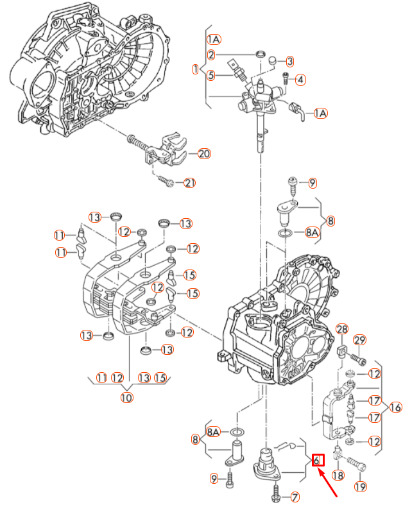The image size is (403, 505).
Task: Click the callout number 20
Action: pyautogui.click(x=204, y=154)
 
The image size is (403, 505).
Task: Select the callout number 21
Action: pyautogui.click(x=189, y=183)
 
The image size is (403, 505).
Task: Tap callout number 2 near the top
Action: pyautogui.click(x=210, y=55)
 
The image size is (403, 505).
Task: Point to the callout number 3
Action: pyautogui.click(x=289, y=61)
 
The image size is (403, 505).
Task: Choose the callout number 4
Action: pyautogui.click(x=300, y=80)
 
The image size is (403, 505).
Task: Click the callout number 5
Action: pyautogui.click(x=210, y=74)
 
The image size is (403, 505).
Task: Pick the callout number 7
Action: pyautogui.click(x=295, y=496)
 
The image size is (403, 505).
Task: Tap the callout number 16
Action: pyautogui.click(x=395, y=407)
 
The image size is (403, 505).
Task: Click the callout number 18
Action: pyautogui.click(x=338, y=475)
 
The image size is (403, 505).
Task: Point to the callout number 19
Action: pyautogui.click(x=361, y=487)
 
